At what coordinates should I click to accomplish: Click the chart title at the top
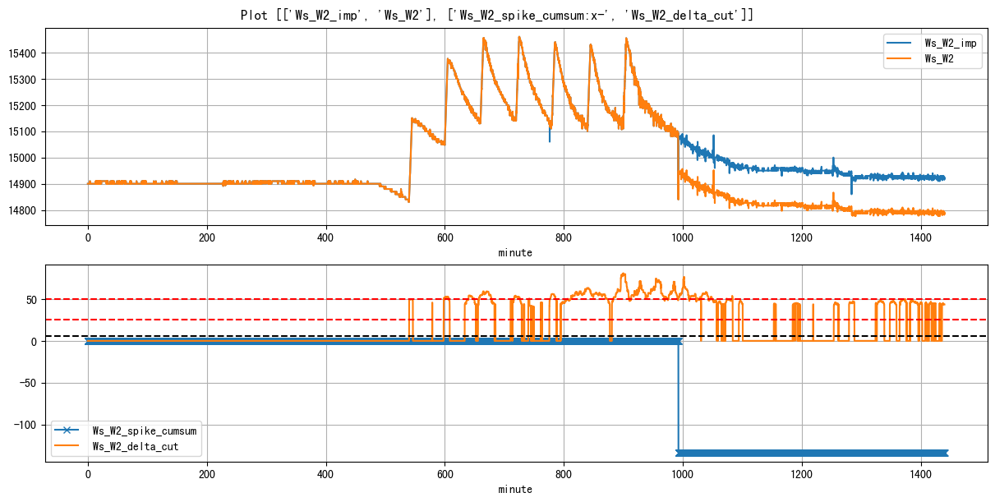tap(497, 15)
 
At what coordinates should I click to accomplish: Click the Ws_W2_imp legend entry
tap(950, 43)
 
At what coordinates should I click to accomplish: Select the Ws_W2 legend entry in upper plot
tap(940, 59)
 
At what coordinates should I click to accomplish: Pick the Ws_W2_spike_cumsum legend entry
tap(144, 431)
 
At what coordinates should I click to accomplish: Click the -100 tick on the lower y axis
tap(26, 425)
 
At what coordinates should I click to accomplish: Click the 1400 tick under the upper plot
tap(921, 238)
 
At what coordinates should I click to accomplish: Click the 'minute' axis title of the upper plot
tap(515, 253)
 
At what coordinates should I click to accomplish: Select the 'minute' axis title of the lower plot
tap(515, 489)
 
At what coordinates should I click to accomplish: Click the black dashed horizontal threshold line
tap(246, 336)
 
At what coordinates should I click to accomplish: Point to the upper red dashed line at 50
tap(246, 299)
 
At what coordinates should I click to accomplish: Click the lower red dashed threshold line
tap(246, 319)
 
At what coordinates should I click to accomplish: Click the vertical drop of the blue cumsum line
tap(679, 394)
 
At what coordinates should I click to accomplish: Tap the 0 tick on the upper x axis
tap(88, 238)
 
